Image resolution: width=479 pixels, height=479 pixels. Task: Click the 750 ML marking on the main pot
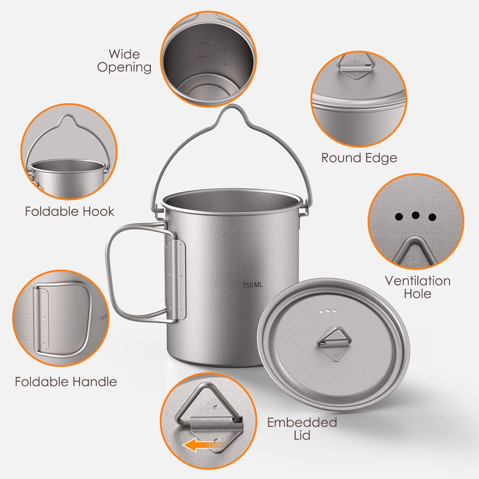253,285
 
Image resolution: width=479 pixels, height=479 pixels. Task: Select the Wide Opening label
124,61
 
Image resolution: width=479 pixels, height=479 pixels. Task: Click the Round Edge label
359,158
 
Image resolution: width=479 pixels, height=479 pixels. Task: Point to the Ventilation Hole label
418,287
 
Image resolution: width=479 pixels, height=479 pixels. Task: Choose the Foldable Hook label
70,211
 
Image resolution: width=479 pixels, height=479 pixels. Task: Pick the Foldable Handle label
66,382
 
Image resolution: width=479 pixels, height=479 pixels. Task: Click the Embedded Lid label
302,428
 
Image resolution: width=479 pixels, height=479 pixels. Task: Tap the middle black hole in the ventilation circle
416,216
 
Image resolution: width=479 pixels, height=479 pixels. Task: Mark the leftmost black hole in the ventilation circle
399,217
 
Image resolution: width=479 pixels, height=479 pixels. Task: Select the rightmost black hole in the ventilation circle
432,218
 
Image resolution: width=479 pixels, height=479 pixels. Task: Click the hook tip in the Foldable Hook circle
67,118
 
